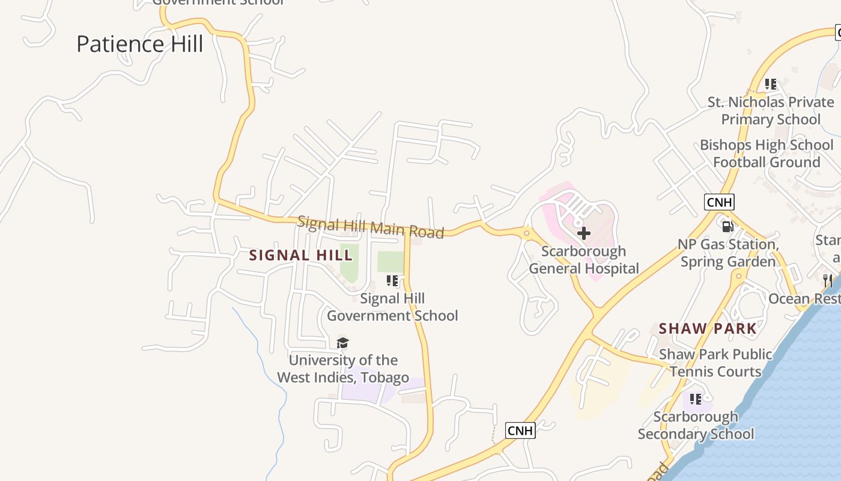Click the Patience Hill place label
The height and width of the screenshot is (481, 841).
point(140,44)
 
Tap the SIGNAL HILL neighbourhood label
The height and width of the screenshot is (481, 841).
point(301,255)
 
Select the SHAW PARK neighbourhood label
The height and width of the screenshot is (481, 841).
point(708,328)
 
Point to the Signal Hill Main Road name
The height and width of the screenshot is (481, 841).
point(371,227)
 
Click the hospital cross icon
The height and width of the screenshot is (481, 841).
point(583,233)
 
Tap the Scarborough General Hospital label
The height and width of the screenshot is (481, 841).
point(584,260)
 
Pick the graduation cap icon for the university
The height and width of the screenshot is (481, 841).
point(342,343)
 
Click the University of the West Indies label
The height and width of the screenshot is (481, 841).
point(343,369)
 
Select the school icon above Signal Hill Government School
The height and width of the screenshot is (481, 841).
point(392,281)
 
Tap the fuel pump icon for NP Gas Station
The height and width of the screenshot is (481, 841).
point(727,227)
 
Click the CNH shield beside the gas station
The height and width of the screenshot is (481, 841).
point(719,202)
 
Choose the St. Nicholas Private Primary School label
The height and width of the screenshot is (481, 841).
point(771,111)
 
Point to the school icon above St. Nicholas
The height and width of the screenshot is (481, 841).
point(771,84)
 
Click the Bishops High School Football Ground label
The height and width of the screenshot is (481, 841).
point(767,153)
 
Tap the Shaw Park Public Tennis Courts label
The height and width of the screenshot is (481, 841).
point(715,363)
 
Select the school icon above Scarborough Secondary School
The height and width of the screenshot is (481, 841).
point(696,399)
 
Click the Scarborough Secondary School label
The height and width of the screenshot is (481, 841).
point(696,425)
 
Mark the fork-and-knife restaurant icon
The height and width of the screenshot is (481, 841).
point(828,280)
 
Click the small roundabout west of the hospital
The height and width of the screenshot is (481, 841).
point(527,233)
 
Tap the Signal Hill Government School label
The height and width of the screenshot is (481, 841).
point(392,307)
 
